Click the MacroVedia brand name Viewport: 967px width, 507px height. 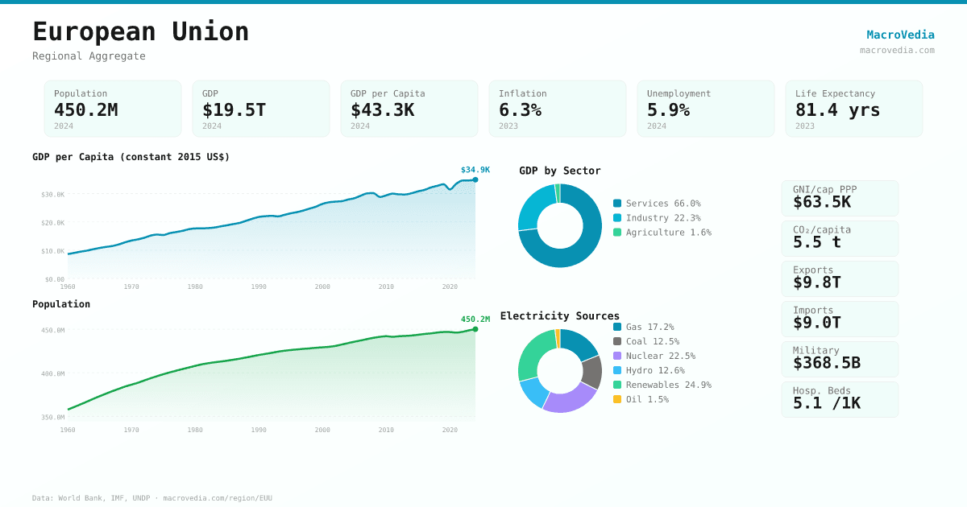pyautogui.click(x=900, y=35)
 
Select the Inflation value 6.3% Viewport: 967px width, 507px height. pyautogui.click(x=520, y=109)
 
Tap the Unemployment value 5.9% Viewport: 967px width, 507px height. pyautogui.click(x=668, y=109)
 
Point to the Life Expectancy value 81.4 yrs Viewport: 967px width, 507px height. pyautogui.click(x=837, y=109)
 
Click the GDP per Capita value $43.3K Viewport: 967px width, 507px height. pyautogui.click(x=382, y=109)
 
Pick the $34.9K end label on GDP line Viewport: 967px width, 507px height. pyautogui.click(x=475, y=170)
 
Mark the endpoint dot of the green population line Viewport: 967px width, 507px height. pyautogui.click(x=475, y=329)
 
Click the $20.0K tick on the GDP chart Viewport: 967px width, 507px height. pyautogui.click(x=53, y=223)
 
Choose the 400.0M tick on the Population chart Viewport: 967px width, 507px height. pyautogui.click(x=53, y=373)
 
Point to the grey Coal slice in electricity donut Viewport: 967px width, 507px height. pyautogui.click(x=592, y=372)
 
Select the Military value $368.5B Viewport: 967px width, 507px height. pyautogui.click(x=826, y=363)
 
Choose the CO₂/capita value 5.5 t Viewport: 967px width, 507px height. pyautogui.click(x=816, y=242)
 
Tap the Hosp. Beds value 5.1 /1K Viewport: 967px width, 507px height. pyautogui.click(x=826, y=403)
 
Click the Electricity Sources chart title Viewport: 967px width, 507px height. pyautogui.click(x=559, y=316)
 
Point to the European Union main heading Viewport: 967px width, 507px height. pyautogui.click(x=141, y=31)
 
